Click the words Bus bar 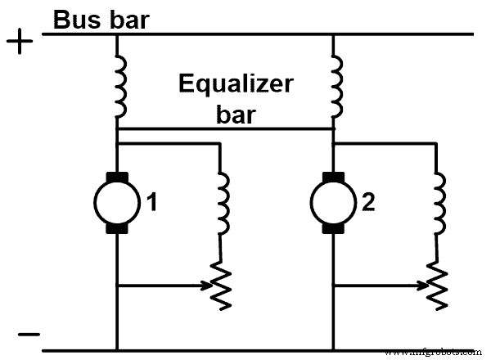(101, 20)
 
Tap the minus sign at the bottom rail (28, 334)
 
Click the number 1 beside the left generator (150, 200)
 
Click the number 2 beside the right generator (367, 200)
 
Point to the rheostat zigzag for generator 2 (437, 282)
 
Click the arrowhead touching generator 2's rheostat (425, 286)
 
